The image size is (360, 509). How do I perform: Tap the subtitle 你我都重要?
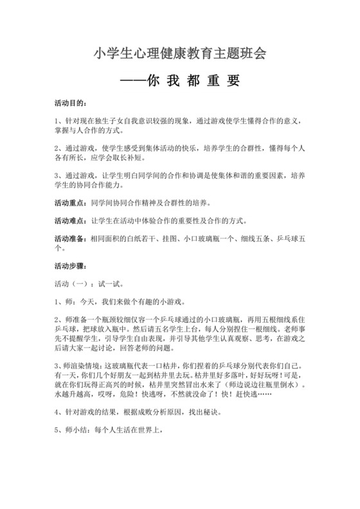180,82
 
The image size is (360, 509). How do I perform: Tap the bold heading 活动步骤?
69,265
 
